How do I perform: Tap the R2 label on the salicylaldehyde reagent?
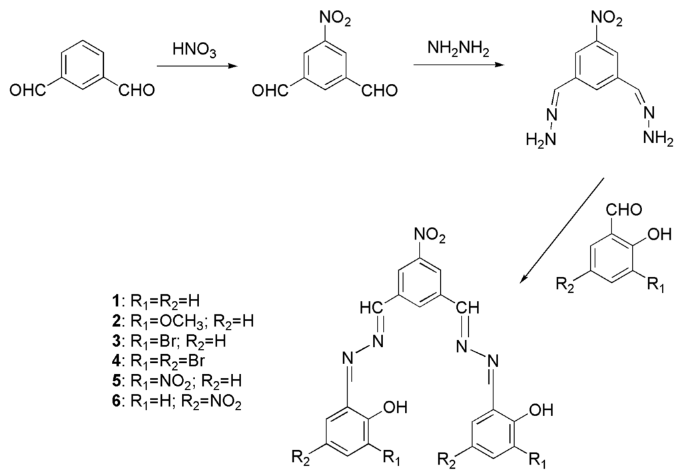tap(566, 286)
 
